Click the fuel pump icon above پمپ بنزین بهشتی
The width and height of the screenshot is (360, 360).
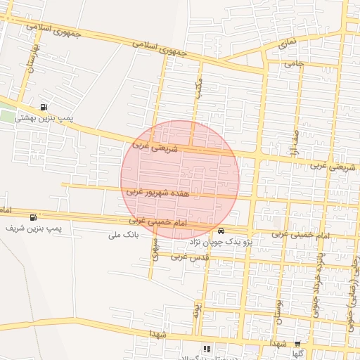(x=45, y=107)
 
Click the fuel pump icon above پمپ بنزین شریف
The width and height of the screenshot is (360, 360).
(x=34, y=217)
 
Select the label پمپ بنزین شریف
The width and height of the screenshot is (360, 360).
(x=34, y=229)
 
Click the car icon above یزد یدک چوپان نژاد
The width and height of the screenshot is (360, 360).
(x=221, y=231)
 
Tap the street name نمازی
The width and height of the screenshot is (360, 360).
(x=288, y=43)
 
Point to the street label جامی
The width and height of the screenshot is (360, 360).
(x=292, y=64)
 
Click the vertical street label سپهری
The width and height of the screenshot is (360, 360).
(x=155, y=250)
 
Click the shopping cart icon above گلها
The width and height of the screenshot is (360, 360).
(x=297, y=344)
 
